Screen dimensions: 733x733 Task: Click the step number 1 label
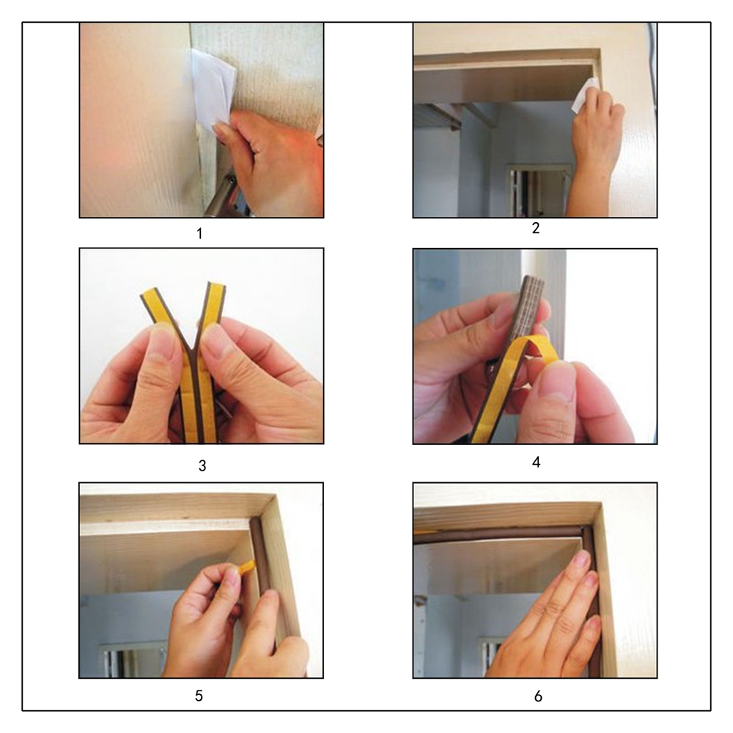click(x=199, y=233)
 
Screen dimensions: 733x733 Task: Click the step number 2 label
click(x=536, y=228)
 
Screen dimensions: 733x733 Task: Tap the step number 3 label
click(x=202, y=465)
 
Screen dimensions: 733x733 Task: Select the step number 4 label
click(x=537, y=462)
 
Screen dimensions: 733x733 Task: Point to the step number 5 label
click(x=199, y=696)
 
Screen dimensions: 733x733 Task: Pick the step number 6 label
click(x=538, y=696)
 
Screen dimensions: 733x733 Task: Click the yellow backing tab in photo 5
click(x=248, y=567)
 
